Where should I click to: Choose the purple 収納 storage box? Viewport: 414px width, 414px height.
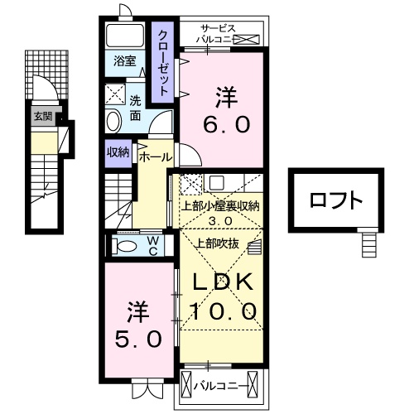click(117, 152)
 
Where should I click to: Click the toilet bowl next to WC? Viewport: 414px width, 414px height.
click(127, 246)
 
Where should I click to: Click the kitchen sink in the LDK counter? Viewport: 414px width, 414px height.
click(216, 182)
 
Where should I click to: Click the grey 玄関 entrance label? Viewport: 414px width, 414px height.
click(42, 117)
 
